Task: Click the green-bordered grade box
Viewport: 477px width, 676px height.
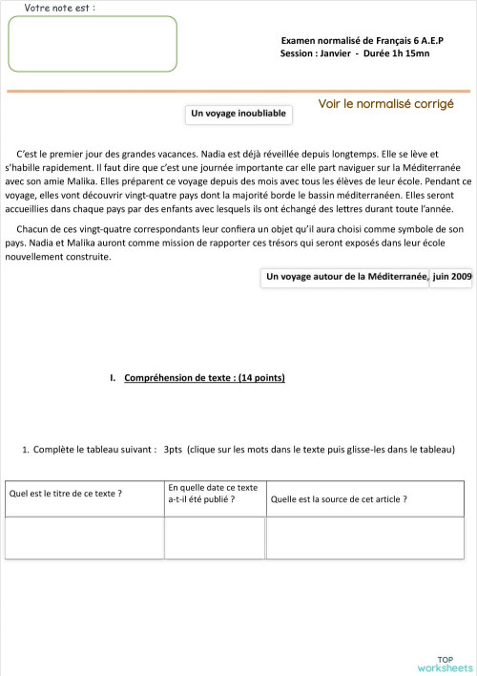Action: (93, 44)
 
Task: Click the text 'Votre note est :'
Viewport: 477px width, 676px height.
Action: (59, 7)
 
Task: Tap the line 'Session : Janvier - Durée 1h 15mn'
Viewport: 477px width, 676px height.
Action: (355, 53)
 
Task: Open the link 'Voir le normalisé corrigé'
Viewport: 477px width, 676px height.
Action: (385, 103)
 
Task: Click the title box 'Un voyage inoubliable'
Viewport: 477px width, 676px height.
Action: (238, 115)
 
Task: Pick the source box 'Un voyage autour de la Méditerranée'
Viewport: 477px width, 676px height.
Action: (345, 277)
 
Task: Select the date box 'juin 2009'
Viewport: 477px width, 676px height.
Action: (451, 277)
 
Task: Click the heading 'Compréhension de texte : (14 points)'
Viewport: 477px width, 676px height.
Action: (204, 377)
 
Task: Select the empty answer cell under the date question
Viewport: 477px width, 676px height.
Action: (214, 537)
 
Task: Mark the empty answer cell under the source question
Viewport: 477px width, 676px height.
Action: (364, 537)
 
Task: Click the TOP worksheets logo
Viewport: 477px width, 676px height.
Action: (445, 664)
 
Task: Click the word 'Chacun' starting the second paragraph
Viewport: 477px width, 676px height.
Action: (33, 229)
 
